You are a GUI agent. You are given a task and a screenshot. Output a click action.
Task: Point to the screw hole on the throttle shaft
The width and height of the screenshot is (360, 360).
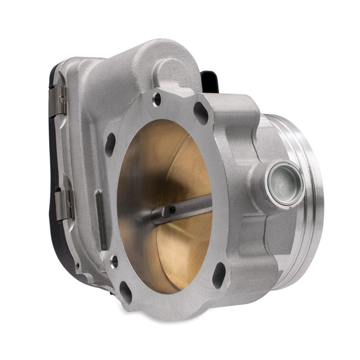pyautogui.click(x=172, y=210)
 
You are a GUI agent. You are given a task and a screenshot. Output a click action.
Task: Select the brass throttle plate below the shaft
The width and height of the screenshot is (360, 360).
pyautogui.click(x=180, y=252)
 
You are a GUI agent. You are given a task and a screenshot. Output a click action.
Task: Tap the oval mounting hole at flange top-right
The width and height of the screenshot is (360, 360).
pyautogui.click(x=201, y=113)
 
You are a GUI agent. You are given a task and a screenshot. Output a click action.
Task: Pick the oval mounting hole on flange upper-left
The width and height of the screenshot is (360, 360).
pyautogui.click(x=110, y=144)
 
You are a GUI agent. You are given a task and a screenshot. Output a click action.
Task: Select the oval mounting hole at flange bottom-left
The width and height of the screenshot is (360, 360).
pyautogui.click(x=126, y=292)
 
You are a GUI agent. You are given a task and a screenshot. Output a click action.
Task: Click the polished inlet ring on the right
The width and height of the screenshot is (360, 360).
pyautogui.click(x=310, y=202)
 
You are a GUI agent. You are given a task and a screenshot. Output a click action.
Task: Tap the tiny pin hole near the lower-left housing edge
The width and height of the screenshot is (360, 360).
pyautogui.click(x=77, y=266)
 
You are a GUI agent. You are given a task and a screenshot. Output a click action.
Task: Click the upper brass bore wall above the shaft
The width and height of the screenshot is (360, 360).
pyautogui.click(x=153, y=157)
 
